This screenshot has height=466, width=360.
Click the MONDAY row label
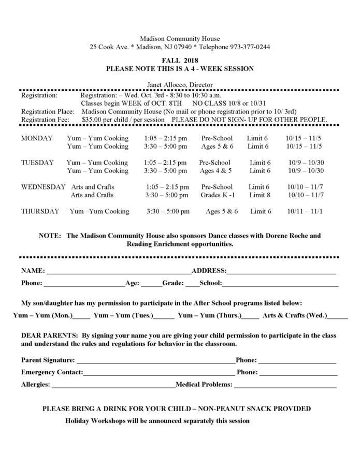click(x=37, y=138)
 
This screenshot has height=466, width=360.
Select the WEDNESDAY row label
click(x=43, y=187)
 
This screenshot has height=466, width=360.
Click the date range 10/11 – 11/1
click(x=305, y=211)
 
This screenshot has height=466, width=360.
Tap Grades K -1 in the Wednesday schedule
click(x=218, y=195)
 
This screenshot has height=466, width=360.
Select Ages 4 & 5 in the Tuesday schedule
click(x=215, y=171)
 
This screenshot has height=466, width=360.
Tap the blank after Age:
click(x=151, y=284)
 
